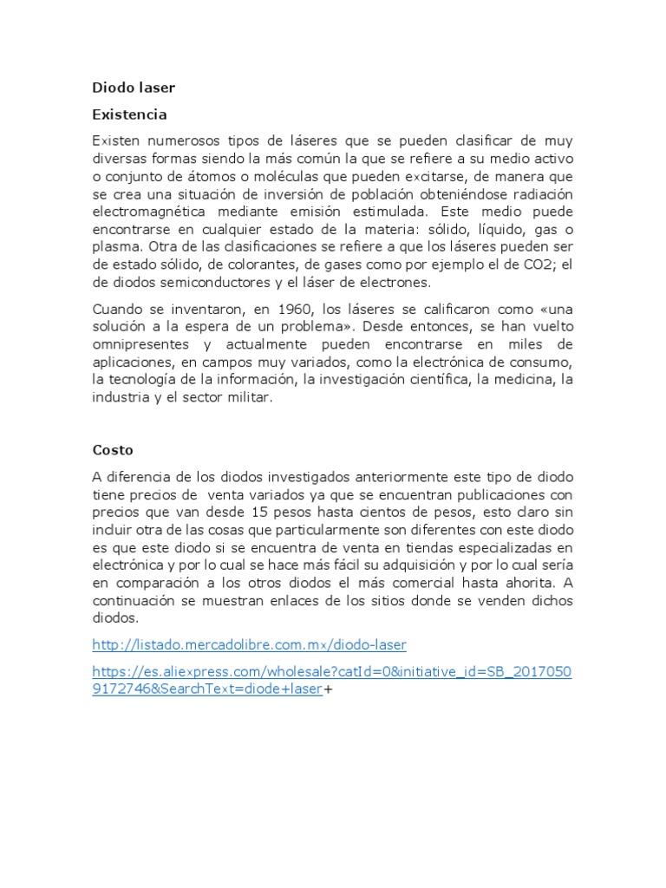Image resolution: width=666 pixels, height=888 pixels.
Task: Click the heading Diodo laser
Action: click(134, 88)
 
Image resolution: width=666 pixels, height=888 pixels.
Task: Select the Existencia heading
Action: click(129, 114)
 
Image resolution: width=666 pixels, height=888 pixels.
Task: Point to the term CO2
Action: click(527, 264)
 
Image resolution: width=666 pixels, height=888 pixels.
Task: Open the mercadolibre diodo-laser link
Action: click(249, 644)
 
